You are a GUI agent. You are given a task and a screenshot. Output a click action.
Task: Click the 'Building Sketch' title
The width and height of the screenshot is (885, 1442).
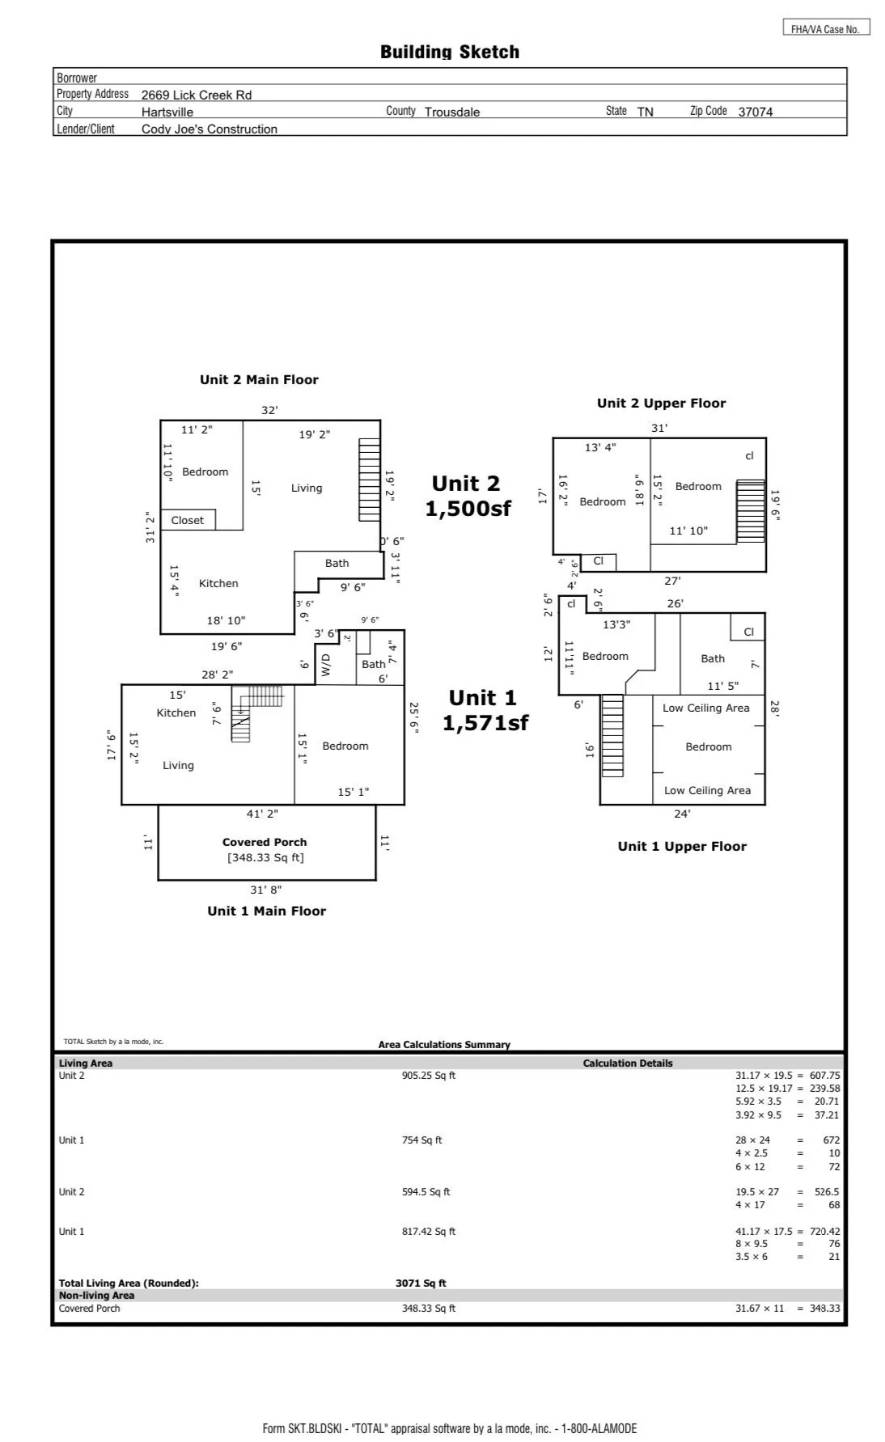[450, 53]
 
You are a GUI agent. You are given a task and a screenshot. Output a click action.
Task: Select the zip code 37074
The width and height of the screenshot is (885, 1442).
[756, 112]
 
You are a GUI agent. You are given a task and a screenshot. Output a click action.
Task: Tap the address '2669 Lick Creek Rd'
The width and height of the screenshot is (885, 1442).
[197, 95]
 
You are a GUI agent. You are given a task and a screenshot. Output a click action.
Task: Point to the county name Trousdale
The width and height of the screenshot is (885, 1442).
[452, 112]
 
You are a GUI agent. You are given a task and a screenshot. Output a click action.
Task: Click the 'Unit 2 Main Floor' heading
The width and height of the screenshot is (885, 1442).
[259, 380]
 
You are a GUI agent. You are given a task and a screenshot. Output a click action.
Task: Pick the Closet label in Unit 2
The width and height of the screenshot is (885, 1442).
[188, 520]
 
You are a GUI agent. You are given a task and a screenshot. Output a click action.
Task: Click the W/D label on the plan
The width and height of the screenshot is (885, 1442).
[326, 665]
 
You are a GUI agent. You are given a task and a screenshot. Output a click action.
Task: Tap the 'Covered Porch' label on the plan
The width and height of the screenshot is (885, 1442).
[265, 842]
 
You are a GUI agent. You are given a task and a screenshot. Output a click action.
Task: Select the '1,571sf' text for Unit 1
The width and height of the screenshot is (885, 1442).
[485, 723]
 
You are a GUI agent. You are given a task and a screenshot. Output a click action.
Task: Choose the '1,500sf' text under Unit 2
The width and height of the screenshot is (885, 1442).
[468, 509]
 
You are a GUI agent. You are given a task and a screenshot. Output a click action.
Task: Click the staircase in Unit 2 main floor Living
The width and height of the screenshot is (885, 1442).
[370, 480]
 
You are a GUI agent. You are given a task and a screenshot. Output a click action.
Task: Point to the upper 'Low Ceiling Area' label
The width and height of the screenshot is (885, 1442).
[706, 708]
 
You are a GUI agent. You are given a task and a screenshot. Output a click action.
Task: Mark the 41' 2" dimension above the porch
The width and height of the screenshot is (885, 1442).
[262, 814]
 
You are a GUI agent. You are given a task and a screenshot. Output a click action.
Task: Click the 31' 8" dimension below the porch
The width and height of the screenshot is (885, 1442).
[265, 890]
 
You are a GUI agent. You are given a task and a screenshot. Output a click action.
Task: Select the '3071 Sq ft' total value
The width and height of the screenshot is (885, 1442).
[421, 1283]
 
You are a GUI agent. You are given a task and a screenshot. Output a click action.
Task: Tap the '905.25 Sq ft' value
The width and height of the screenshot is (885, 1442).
[429, 1076]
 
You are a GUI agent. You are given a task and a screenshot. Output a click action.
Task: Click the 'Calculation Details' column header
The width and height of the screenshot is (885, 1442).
[628, 1064]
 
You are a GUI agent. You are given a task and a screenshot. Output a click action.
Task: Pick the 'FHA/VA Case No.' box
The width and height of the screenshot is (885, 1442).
[826, 28]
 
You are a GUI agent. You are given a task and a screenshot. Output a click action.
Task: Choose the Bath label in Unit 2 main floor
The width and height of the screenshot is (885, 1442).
[337, 563]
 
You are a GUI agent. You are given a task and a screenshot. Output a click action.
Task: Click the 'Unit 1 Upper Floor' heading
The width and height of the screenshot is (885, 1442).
[682, 847]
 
